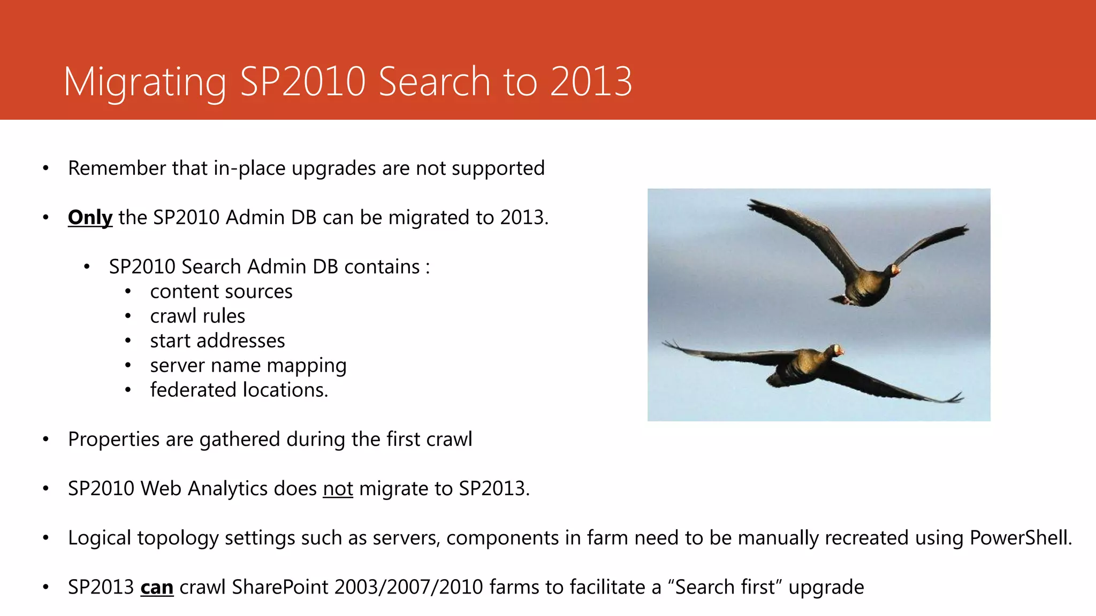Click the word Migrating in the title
click(x=144, y=83)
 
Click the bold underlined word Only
click(x=90, y=218)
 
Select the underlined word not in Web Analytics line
click(x=338, y=489)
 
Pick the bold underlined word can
click(x=157, y=588)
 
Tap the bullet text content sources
click(x=221, y=292)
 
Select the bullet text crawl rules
click(x=197, y=317)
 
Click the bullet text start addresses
click(x=217, y=341)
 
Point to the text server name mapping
click(x=248, y=366)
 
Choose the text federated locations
click(x=239, y=390)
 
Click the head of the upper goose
click(x=894, y=269)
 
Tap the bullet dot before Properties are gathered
click(x=46, y=440)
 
